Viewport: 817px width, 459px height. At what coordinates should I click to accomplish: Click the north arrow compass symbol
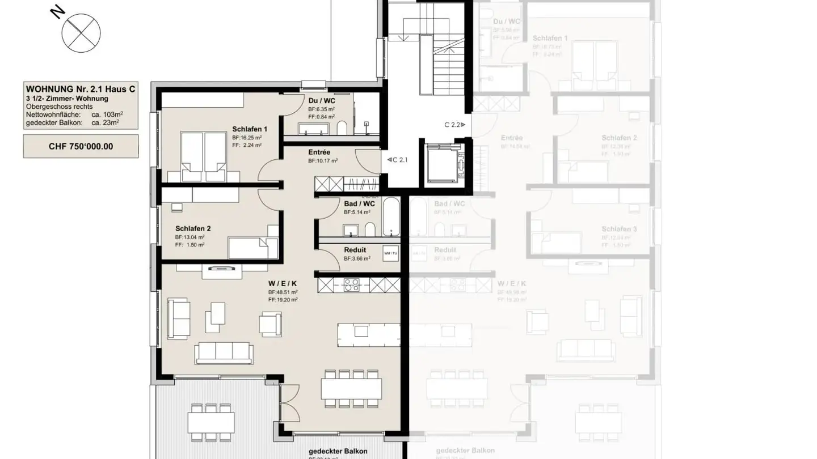coord(81,31)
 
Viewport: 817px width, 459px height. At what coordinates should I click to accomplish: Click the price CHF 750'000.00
coord(81,146)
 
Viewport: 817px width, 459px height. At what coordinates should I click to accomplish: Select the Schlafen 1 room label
coord(249,129)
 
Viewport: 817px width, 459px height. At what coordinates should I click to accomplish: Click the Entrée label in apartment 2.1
coord(319,152)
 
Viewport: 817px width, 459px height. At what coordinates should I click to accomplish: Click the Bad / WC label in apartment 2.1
coord(359,204)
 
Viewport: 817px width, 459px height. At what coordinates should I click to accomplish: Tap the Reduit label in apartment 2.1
coord(355,250)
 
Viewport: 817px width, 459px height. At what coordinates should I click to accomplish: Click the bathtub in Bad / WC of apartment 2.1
coord(391,216)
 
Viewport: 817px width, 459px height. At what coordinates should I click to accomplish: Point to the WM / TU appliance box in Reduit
coord(390,253)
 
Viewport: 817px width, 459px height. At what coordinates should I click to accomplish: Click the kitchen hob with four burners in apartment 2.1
coord(352,284)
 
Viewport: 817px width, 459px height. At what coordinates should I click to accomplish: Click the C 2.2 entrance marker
coord(454,125)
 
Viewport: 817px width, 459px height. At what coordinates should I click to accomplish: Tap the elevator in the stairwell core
coord(442,164)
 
